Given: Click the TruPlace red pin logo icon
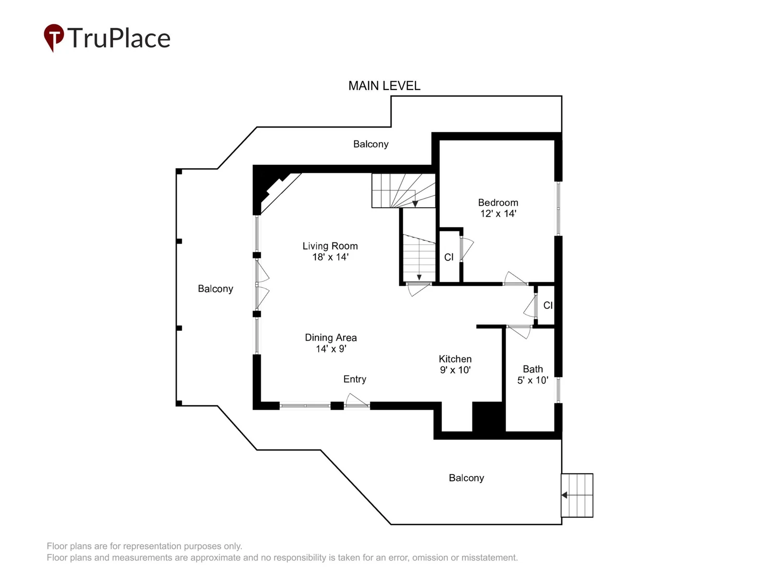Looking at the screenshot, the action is [54, 38].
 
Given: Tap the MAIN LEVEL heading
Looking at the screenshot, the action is [384, 86].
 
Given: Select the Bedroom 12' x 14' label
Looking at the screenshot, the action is [498, 208].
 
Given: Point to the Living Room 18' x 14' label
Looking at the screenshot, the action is [330, 251].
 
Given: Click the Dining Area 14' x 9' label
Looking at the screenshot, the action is [331, 343].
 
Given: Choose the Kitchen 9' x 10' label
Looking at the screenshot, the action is [455, 364].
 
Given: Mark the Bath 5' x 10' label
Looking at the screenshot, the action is [533, 374].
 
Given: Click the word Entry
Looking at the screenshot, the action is [355, 379].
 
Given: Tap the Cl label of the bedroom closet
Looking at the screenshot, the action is [449, 257].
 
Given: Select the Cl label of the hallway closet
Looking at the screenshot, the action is [548, 305].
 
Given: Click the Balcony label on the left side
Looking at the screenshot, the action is [215, 288].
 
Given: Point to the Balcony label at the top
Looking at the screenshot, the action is [371, 144].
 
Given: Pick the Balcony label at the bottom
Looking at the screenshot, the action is [466, 478].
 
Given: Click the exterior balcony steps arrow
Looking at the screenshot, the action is [577, 495].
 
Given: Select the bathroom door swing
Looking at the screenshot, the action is [519, 332].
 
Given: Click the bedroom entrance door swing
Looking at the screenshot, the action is [515, 278].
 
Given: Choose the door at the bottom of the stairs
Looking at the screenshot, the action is [419, 289].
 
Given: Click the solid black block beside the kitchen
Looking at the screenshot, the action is [488, 416].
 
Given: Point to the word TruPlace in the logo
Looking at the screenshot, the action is [119, 38].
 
